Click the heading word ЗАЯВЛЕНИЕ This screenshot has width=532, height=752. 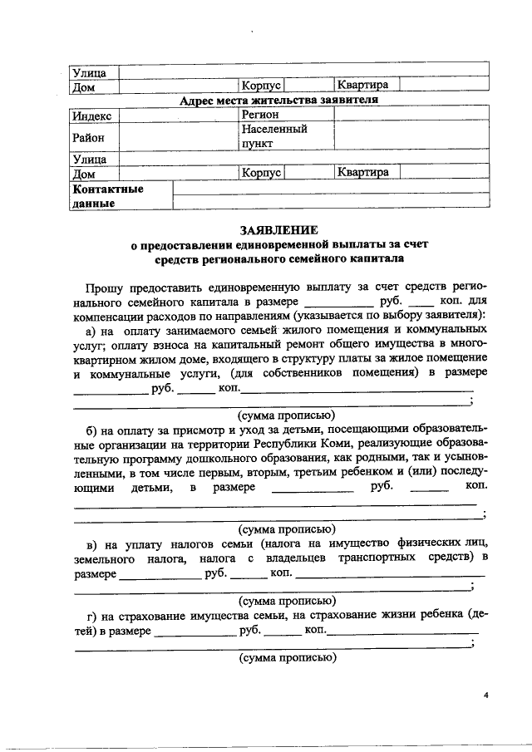[278, 230]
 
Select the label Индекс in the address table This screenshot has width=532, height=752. [91, 116]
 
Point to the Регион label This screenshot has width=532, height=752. [260, 115]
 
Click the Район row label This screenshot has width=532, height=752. [89, 137]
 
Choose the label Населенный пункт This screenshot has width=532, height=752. [273, 136]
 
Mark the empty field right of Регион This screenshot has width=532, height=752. [399, 115]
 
